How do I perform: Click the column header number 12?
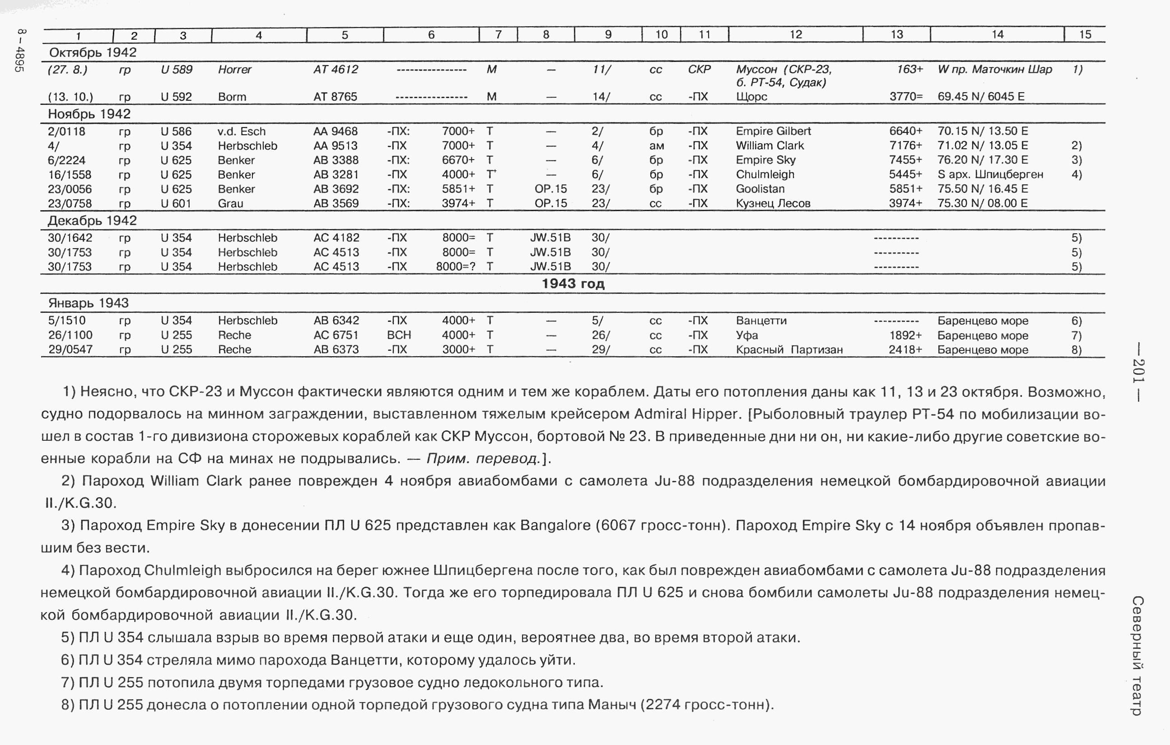point(795,34)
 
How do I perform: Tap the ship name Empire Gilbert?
point(773,131)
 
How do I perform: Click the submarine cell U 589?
point(177,70)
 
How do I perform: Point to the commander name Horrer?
point(235,70)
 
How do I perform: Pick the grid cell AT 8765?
point(335,97)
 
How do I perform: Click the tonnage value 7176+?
point(905,146)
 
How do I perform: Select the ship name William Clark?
point(769,146)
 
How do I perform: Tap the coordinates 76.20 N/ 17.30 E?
point(983,160)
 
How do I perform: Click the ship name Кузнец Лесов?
point(773,203)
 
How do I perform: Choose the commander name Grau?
point(230,203)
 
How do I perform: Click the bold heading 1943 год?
point(573,284)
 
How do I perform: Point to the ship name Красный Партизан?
point(789,349)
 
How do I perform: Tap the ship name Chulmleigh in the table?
point(765,174)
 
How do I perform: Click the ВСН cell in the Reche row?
point(399,335)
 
